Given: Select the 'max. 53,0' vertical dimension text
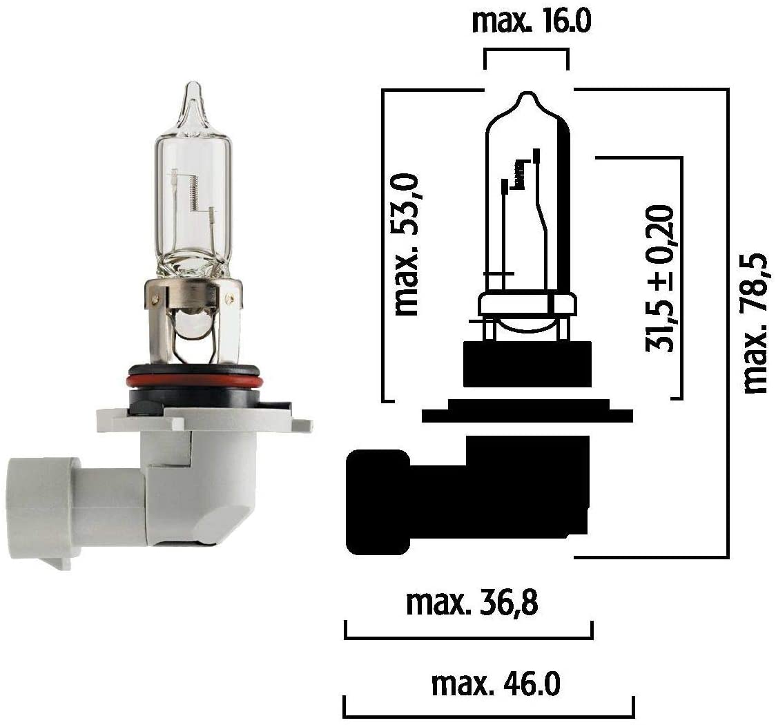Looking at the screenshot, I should (407, 246).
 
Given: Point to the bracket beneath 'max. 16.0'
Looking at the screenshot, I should (526, 51).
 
